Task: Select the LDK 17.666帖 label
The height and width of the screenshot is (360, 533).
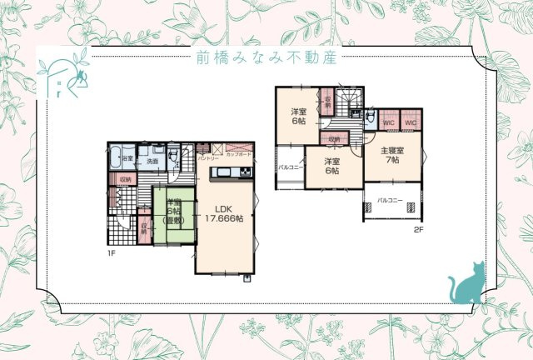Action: pyautogui.click(x=224, y=213)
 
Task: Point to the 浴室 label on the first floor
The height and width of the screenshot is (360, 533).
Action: pyautogui.click(x=127, y=157)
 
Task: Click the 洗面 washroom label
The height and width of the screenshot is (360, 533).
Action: pyautogui.click(x=152, y=160)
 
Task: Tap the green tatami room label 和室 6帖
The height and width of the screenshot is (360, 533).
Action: pyautogui.click(x=174, y=212)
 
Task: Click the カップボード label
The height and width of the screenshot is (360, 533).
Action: pyautogui.click(x=238, y=155)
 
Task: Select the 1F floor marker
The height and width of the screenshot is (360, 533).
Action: pyautogui.click(x=110, y=252)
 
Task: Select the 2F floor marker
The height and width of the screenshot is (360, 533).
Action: pyautogui.click(x=417, y=228)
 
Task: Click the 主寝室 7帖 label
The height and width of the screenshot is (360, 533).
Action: pyautogui.click(x=391, y=155)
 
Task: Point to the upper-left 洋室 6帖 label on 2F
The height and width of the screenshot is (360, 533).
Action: pyautogui.click(x=297, y=116)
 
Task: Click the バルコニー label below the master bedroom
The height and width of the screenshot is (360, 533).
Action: pyautogui.click(x=389, y=201)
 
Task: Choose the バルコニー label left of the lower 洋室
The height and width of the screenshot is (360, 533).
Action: pyautogui.click(x=289, y=167)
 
